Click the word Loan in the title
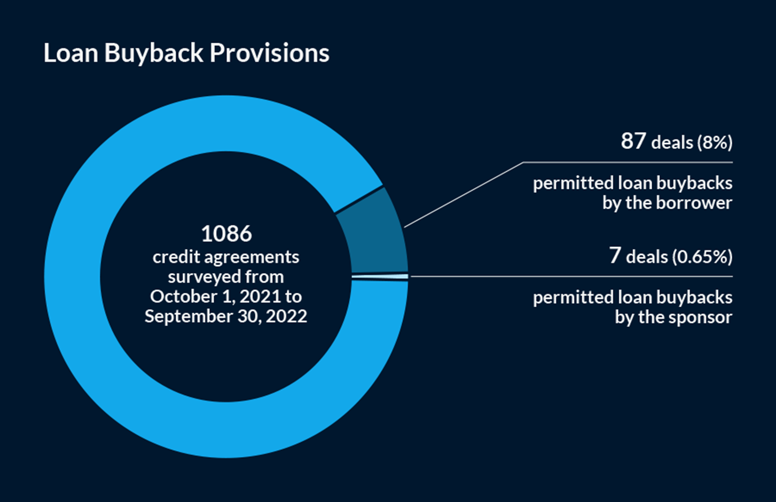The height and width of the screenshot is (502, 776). point(71,53)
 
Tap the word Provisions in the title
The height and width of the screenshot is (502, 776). point(270,53)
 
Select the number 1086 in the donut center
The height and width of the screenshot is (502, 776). point(226,233)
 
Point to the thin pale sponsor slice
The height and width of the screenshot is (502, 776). point(380,277)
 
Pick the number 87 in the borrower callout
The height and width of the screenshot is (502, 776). point(633,141)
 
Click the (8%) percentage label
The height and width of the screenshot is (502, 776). point(715,142)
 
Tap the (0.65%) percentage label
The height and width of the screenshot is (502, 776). point(702,257)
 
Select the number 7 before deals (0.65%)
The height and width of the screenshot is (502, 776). point(615,256)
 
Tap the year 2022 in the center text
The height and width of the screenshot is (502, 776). point(286,316)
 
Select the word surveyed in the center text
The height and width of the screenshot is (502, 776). point(205,277)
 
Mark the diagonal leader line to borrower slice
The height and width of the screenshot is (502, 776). point(464,195)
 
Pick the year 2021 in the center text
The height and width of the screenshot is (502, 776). point(260,297)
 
